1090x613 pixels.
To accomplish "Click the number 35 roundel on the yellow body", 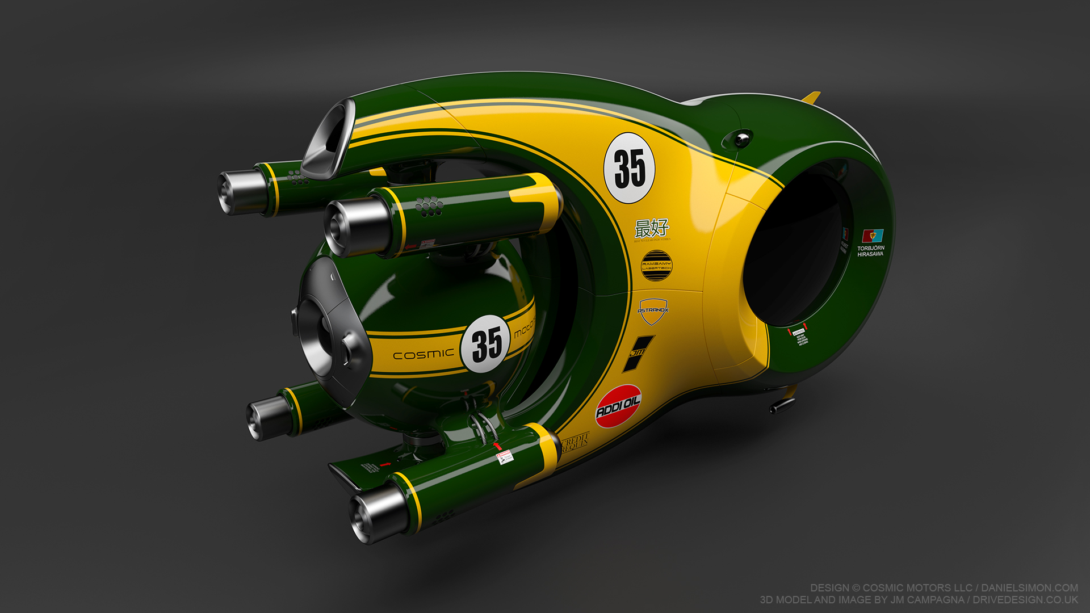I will pyautogui.click(x=629, y=168).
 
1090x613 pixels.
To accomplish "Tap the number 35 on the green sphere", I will pyautogui.click(x=486, y=344).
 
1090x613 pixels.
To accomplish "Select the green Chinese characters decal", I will pyautogui.click(x=652, y=228).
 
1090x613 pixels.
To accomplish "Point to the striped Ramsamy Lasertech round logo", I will pyautogui.click(x=656, y=266).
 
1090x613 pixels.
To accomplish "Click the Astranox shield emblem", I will pyautogui.click(x=653, y=310).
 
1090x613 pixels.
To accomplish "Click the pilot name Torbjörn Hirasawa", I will pyautogui.click(x=870, y=251).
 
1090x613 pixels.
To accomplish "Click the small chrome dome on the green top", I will pyautogui.click(x=741, y=138).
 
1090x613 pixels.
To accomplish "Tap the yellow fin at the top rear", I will pyautogui.click(x=812, y=98).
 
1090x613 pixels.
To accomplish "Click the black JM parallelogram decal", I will pyautogui.click(x=638, y=353).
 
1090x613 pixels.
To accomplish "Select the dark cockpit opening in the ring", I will pyautogui.click(x=795, y=250).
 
